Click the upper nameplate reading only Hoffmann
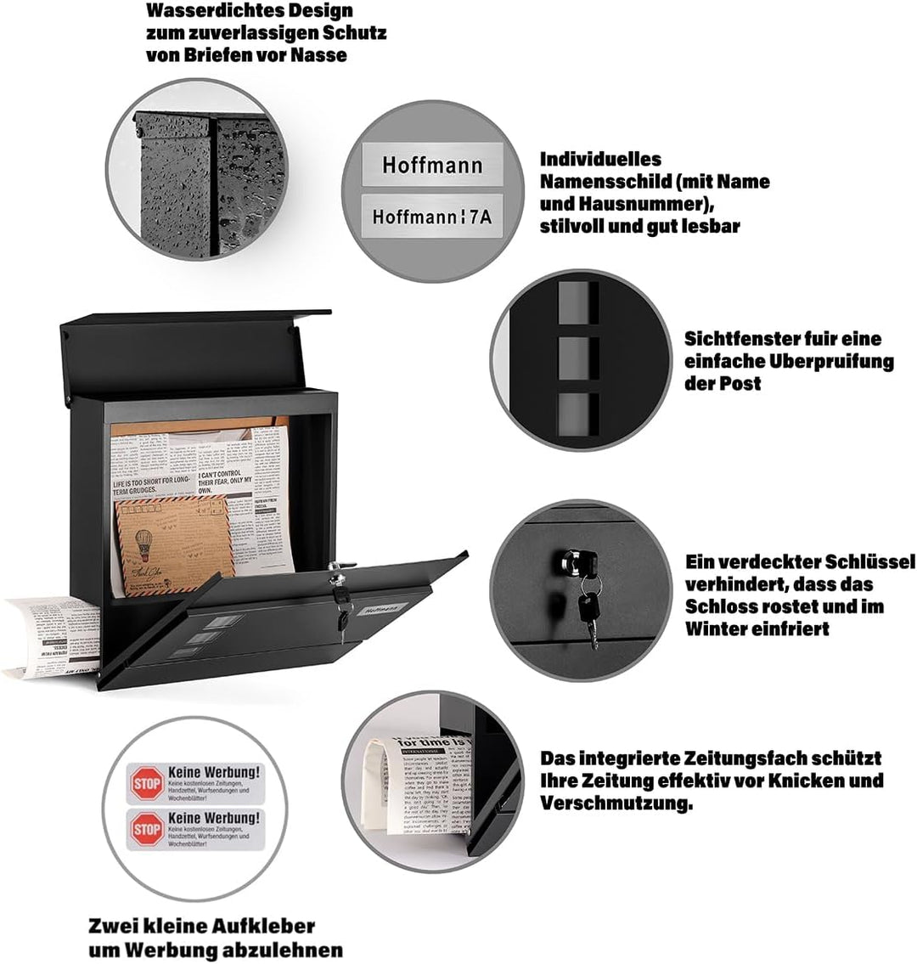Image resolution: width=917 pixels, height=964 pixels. tap(431, 164)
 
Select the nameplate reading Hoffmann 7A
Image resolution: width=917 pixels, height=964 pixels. tap(431, 216)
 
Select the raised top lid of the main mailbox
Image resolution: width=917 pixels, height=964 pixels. tap(195, 348)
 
